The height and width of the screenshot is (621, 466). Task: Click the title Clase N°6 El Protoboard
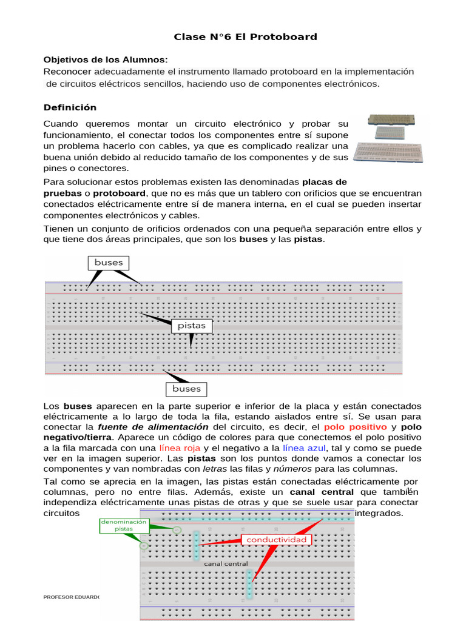245,36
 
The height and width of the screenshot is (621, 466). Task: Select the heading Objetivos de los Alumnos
105,59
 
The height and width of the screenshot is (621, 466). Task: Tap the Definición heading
70,107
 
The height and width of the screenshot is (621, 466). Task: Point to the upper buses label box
109,263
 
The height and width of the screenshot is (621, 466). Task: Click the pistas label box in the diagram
192,326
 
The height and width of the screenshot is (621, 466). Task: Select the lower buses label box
186,389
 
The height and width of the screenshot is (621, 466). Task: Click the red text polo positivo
356,427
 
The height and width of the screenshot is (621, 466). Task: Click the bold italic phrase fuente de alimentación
153,427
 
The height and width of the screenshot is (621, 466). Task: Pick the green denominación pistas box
124,525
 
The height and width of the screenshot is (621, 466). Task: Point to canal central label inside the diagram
226,563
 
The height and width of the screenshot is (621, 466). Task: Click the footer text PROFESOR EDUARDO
72,597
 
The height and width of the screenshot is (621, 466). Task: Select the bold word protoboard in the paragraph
119,193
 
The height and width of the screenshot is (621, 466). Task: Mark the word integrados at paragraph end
379,513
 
